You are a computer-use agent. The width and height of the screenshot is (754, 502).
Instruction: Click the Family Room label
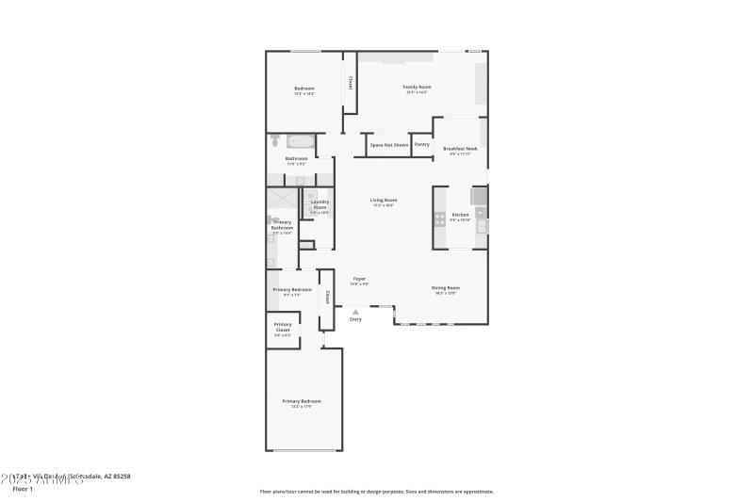pos(417,88)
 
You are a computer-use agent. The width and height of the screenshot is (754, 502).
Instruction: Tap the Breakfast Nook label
pos(460,149)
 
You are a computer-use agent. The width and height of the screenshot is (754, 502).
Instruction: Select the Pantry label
pos(422,144)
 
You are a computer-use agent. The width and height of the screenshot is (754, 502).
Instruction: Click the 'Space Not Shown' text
pos(389,145)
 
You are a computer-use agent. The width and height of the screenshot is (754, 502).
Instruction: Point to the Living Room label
pos(383,201)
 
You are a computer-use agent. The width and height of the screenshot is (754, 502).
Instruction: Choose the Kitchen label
pos(460,216)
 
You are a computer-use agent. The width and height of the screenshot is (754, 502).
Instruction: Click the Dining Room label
pos(446,288)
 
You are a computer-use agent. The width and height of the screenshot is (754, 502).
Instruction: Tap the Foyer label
pos(359,279)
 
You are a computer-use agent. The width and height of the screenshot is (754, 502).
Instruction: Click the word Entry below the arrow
pos(355,319)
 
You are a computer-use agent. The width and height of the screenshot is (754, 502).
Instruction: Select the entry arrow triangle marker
pos(355,311)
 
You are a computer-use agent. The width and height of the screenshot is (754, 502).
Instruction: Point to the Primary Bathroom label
pos(282,226)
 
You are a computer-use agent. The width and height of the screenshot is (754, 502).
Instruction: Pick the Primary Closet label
pos(283,327)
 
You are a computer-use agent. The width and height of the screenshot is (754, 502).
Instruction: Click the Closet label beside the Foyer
pos(327,297)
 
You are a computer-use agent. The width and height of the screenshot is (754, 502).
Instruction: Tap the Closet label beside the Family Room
pos(350,83)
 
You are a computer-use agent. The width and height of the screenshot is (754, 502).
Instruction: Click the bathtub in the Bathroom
pos(302,141)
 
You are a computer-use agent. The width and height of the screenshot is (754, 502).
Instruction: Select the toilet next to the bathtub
pos(275,141)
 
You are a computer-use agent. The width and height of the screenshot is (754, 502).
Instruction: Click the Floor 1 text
pos(23,489)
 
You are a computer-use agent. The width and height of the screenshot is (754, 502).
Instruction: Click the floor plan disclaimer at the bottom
pos(376,491)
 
